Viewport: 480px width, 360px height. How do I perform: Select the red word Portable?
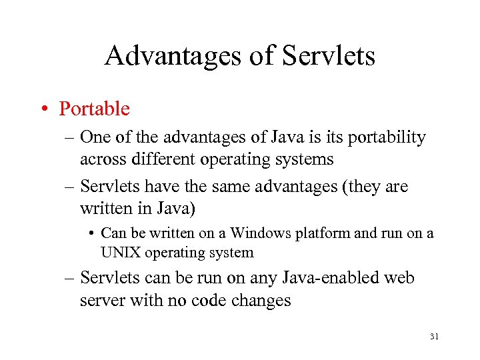94,108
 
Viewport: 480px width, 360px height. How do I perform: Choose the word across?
101,159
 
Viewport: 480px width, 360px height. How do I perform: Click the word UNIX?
117,253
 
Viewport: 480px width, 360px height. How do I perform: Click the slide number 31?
434,337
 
